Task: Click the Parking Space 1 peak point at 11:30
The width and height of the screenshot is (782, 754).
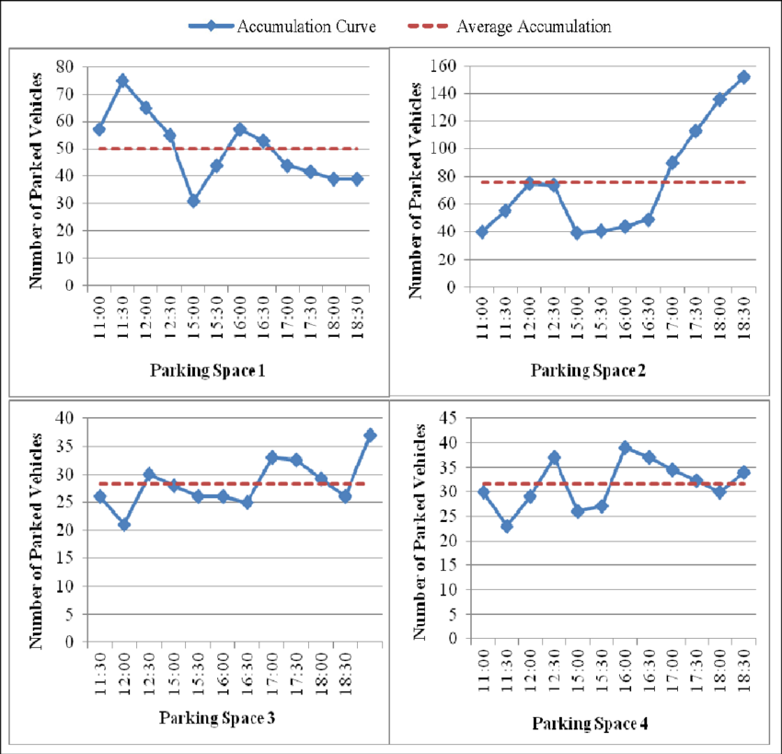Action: pos(122,81)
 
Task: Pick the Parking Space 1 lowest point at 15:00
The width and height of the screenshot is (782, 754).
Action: pos(193,201)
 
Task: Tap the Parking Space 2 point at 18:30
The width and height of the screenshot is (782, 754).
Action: pos(743,77)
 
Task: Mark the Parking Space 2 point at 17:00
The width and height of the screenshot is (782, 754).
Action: pos(673,163)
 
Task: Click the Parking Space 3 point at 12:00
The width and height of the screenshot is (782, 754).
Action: pos(124,525)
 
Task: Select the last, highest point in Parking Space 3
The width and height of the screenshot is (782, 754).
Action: pos(370,435)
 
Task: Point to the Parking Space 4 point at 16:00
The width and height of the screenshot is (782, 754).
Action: pos(626,447)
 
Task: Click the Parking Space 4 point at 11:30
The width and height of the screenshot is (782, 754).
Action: pos(507,526)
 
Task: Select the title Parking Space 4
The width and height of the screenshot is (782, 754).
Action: pos(590,724)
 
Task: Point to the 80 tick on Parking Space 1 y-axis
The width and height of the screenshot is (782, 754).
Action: pos(65,67)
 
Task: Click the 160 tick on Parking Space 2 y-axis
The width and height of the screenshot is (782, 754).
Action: pos(445,66)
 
